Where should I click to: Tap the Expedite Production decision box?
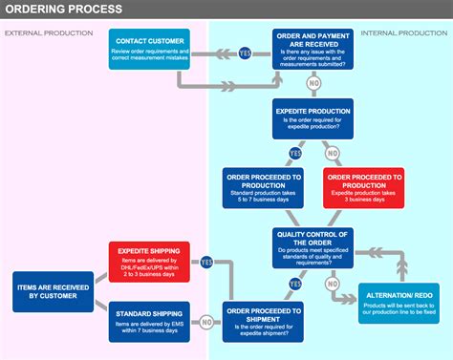313,118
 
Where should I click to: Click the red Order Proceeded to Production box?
364,187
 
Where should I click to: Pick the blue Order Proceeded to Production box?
263,187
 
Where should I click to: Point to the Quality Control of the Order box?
313,246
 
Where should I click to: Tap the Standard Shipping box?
150,320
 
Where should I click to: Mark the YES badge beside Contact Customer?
245,53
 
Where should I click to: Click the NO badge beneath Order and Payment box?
313,84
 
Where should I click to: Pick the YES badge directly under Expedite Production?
295,152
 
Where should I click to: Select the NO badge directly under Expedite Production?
332,152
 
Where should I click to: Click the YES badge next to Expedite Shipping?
206,262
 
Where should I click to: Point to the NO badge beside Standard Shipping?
206,322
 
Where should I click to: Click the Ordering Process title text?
63,10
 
